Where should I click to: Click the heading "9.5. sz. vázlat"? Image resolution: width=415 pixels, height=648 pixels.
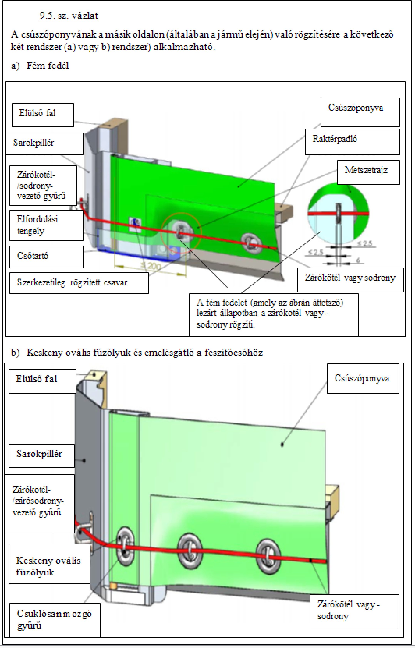pos(69,16)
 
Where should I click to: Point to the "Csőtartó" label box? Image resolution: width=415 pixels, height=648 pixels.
pos(46,257)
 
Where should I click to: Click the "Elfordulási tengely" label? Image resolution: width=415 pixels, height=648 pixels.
pos(46,225)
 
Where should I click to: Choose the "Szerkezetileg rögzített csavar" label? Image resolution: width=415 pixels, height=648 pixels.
pos(79,283)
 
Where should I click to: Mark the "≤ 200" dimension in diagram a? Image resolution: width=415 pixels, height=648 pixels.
pos(150,267)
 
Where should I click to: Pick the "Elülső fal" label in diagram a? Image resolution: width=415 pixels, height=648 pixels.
pos(43,115)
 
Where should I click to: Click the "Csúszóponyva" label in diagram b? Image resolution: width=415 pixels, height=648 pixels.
pos(362,379)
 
